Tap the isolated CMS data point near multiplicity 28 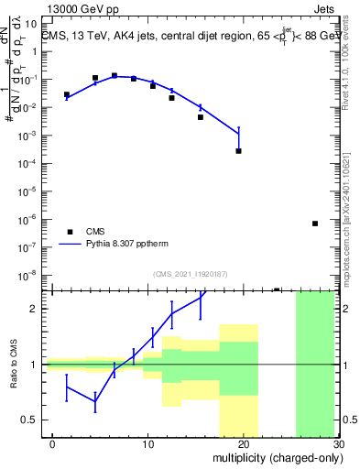(315, 224)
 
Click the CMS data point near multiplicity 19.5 (238, 151)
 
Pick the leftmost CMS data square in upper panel (67, 94)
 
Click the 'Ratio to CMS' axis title (13, 364)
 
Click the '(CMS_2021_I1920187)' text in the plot (190, 274)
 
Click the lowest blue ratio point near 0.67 (95, 400)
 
